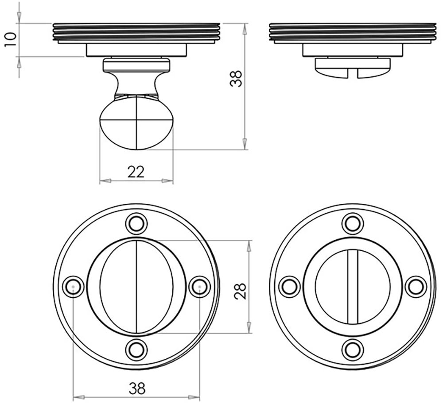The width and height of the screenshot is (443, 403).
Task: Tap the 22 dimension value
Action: click(x=136, y=172)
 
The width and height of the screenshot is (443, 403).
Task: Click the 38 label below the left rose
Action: click(x=137, y=388)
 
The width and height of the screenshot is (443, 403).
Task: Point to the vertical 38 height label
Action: click(x=236, y=78)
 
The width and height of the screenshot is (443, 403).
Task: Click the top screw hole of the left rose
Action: click(x=136, y=224)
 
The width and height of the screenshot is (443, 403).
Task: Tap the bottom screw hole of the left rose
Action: click(x=136, y=350)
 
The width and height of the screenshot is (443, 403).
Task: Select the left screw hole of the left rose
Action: click(x=73, y=287)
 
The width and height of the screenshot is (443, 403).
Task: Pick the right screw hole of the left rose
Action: click(x=200, y=287)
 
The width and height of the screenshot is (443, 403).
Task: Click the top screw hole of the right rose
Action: click(x=353, y=224)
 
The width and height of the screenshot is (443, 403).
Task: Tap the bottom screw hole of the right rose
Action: click(x=353, y=350)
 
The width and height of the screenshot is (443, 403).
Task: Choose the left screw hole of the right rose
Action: click(x=290, y=287)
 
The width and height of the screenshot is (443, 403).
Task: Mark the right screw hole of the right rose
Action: click(x=416, y=287)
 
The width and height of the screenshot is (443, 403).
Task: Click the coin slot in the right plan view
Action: click(x=353, y=287)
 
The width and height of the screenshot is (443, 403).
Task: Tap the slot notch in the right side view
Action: click(x=352, y=73)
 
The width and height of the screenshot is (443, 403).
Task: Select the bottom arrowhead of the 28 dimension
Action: click(x=249, y=328)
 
